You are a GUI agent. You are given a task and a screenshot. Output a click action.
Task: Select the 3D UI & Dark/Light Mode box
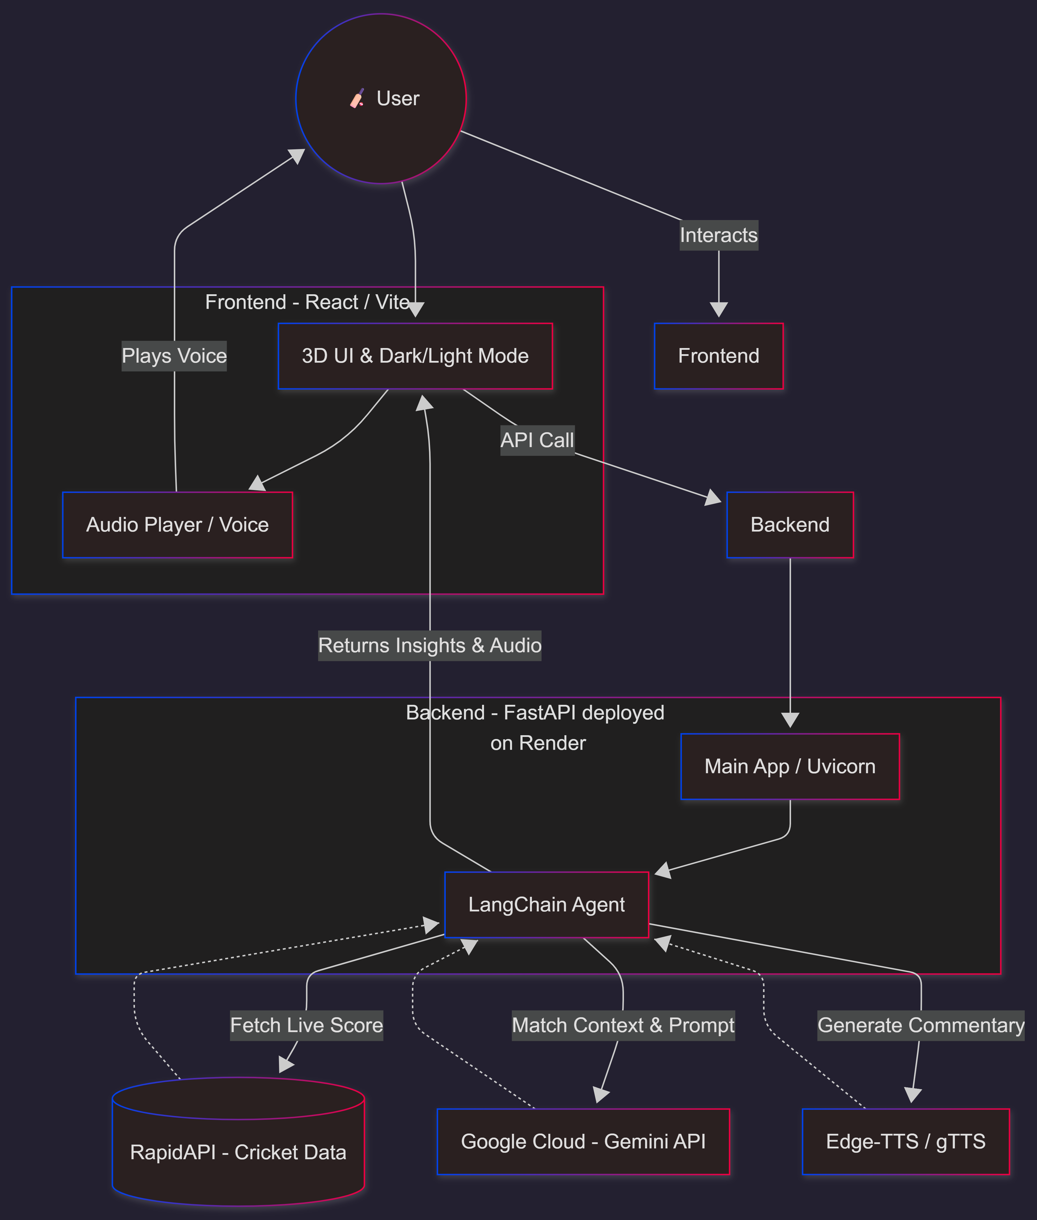click(415, 356)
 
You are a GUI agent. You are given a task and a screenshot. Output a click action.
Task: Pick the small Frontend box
click(718, 356)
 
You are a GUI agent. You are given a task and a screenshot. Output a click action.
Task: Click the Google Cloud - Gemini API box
click(583, 1141)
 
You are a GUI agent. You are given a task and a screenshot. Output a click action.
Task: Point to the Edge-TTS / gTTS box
click(905, 1141)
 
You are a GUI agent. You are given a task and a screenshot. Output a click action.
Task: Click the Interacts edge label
click(718, 235)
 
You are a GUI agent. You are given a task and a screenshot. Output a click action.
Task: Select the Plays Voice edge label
click(174, 356)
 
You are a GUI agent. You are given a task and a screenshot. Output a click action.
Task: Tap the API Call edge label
click(537, 440)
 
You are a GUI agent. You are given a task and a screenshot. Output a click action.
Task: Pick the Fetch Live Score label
click(306, 1025)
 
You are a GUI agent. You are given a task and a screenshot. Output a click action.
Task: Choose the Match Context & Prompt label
click(623, 1025)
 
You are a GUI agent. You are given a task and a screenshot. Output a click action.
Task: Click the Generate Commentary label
click(921, 1025)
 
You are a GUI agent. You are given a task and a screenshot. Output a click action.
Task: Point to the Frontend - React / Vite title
click(307, 302)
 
